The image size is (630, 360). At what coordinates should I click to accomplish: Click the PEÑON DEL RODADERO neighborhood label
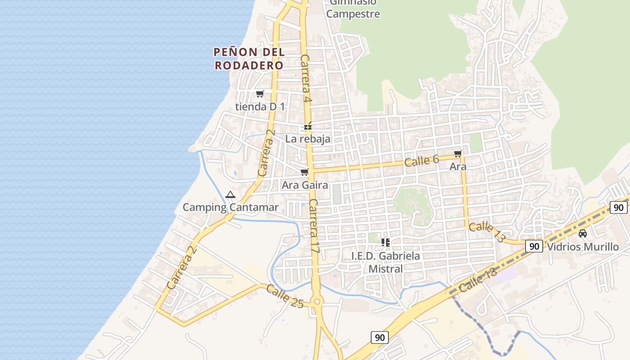249,58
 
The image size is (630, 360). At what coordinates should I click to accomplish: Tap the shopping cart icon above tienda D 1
260,94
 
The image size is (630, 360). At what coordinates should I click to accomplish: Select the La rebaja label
308,139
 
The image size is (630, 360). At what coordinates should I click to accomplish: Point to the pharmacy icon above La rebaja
308,126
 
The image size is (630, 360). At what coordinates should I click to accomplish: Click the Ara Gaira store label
305,185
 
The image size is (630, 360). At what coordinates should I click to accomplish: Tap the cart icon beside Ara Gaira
305,172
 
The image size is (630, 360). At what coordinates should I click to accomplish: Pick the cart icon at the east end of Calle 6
458,154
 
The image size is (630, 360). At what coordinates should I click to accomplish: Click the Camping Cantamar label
230,207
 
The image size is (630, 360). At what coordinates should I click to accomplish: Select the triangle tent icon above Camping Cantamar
230,195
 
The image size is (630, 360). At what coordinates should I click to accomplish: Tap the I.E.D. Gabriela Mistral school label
386,262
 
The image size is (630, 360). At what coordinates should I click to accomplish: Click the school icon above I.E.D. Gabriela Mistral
386,243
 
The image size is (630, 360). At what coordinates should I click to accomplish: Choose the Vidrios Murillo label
583,247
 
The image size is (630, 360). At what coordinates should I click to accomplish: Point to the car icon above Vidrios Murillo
583,234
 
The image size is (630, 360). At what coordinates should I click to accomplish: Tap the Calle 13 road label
486,232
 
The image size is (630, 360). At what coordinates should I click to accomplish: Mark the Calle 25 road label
284,296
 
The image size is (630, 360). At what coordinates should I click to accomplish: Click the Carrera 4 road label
306,78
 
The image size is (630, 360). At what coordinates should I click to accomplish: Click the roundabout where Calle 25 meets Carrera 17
317,301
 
